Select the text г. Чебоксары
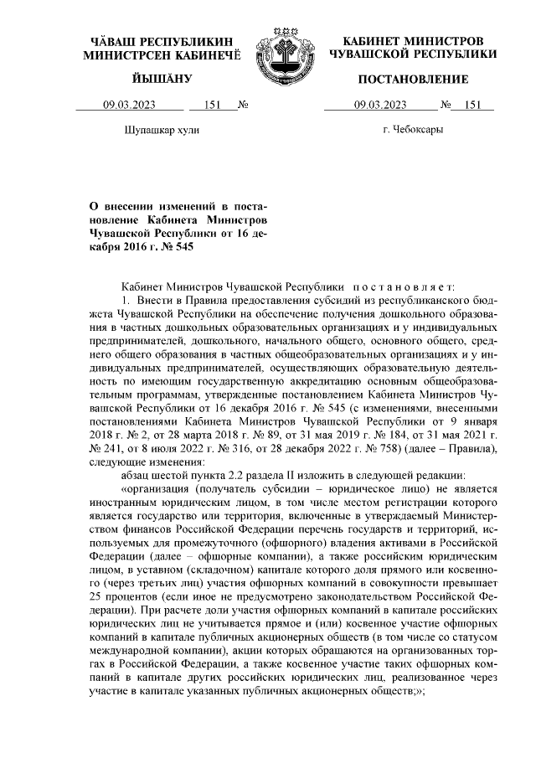tap(413, 131)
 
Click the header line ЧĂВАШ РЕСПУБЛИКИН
tap(162, 41)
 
